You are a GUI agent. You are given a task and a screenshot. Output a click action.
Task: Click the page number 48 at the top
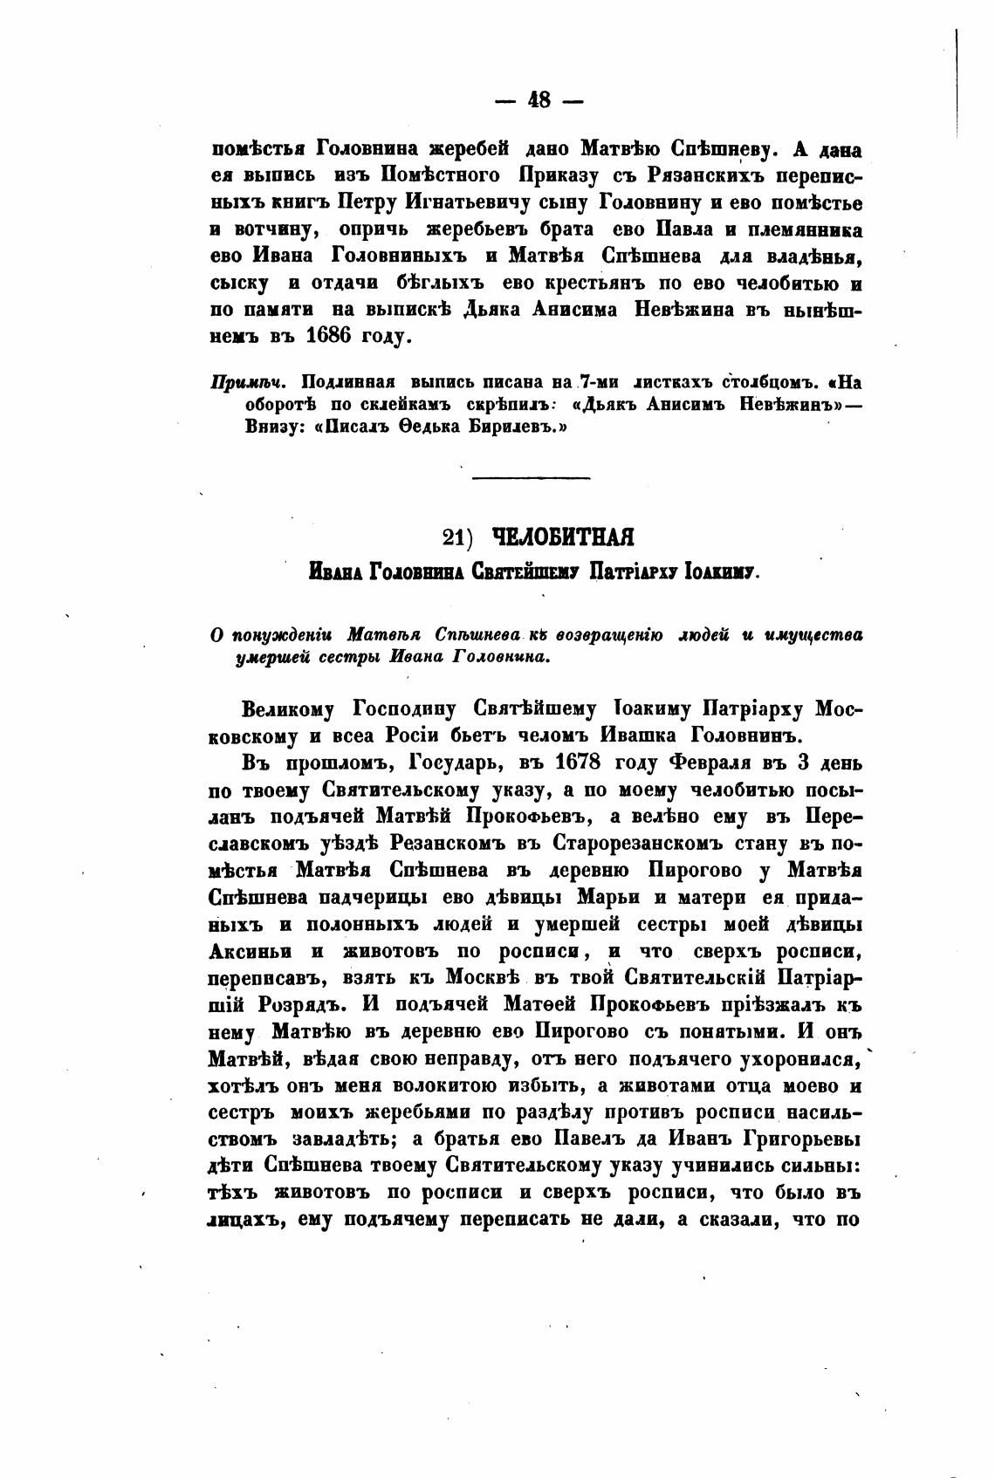539,100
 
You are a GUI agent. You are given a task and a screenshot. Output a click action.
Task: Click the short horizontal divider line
531,476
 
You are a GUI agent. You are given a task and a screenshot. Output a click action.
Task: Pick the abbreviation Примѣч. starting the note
242,382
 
